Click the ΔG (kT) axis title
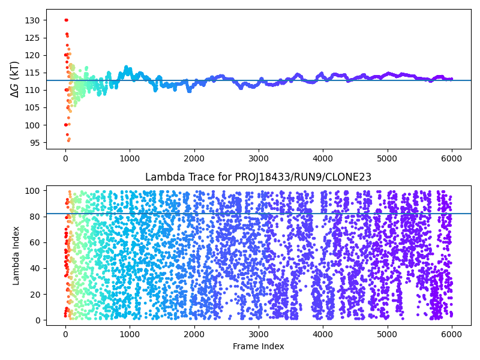15,79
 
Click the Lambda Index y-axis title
17,255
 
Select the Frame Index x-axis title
258,346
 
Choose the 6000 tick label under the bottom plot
451,334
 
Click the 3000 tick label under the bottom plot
258,334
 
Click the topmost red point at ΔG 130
66,20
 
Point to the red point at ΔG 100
65,125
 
